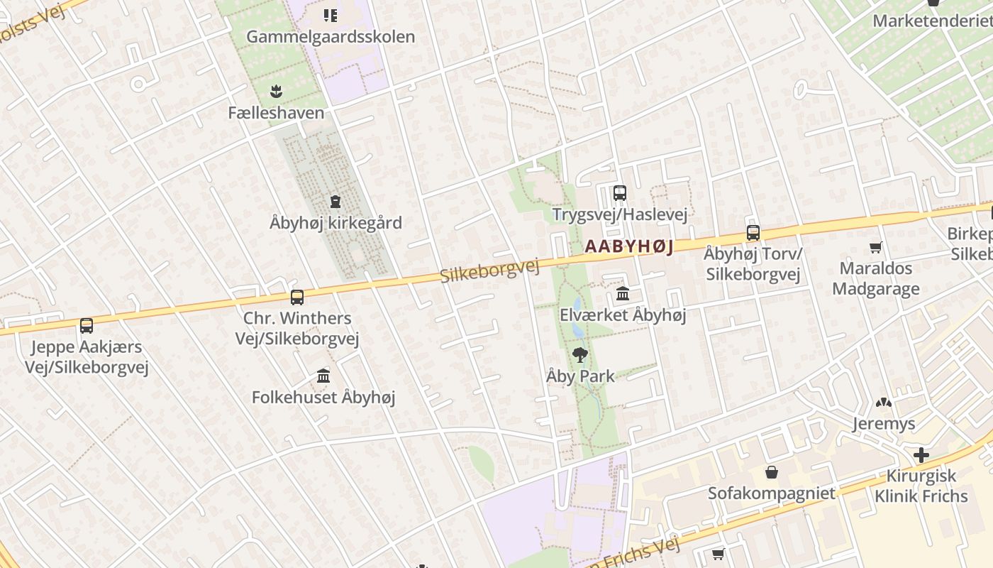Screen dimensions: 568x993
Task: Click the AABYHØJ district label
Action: coord(628,246)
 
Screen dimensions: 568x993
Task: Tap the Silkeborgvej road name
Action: coord(489,271)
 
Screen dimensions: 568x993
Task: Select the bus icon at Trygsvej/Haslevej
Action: coord(619,192)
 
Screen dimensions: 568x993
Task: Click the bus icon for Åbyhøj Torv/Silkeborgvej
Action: coord(753,232)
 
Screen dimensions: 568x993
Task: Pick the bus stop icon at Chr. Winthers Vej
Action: coord(296,297)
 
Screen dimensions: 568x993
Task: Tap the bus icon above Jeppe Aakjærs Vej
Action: coord(86,326)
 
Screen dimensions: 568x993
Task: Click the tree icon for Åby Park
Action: coord(580,354)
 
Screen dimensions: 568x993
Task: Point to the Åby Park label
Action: coord(580,376)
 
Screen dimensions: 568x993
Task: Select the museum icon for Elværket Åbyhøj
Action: coord(623,293)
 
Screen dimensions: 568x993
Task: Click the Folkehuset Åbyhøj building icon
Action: coord(323,376)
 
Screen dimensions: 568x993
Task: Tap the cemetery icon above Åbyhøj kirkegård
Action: coord(335,202)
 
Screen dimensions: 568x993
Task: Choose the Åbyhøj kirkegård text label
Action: coord(335,223)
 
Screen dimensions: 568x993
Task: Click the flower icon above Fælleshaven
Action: coord(276,91)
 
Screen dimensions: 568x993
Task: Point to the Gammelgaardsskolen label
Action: coord(331,37)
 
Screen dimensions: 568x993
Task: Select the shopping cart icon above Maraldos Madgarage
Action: coord(875,247)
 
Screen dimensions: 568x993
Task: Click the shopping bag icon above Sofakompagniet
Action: coord(771,472)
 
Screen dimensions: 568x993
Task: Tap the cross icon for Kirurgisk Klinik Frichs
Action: coord(921,454)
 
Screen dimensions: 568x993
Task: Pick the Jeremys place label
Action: coord(883,424)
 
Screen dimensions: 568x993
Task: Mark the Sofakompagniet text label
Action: coord(771,493)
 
